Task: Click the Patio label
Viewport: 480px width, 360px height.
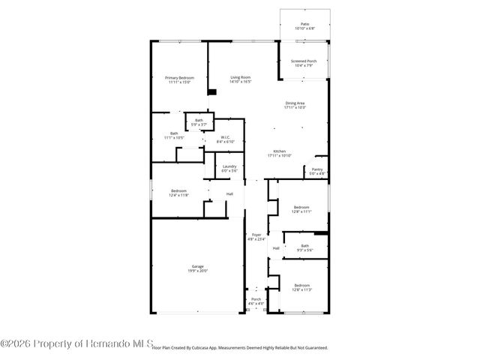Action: pos(304,26)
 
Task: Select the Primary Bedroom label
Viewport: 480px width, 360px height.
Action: pos(179,80)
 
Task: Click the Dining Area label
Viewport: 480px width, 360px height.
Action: pos(295,105)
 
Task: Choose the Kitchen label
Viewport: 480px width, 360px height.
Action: pos(279,153)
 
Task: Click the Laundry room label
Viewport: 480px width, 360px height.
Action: pos(229,169)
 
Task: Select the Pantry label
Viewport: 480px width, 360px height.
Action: pos(317,172)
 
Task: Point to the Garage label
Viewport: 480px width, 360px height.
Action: pos(196,269)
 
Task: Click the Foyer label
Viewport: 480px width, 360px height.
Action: pos(256,237)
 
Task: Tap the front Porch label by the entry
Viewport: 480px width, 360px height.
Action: pos(256,301)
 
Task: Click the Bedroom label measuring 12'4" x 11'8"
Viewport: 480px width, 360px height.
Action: pos(178,193)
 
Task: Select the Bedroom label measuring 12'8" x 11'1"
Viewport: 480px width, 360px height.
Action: pos(301,209)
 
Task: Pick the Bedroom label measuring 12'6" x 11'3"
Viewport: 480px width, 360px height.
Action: pos(301,287)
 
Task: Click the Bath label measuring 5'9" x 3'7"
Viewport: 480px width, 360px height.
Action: pos(199,122)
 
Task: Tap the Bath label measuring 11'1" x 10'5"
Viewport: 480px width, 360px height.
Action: pos(174,136)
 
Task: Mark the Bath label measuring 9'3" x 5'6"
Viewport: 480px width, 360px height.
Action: pos(304,247)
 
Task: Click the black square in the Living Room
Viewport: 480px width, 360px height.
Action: pos(212,92)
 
